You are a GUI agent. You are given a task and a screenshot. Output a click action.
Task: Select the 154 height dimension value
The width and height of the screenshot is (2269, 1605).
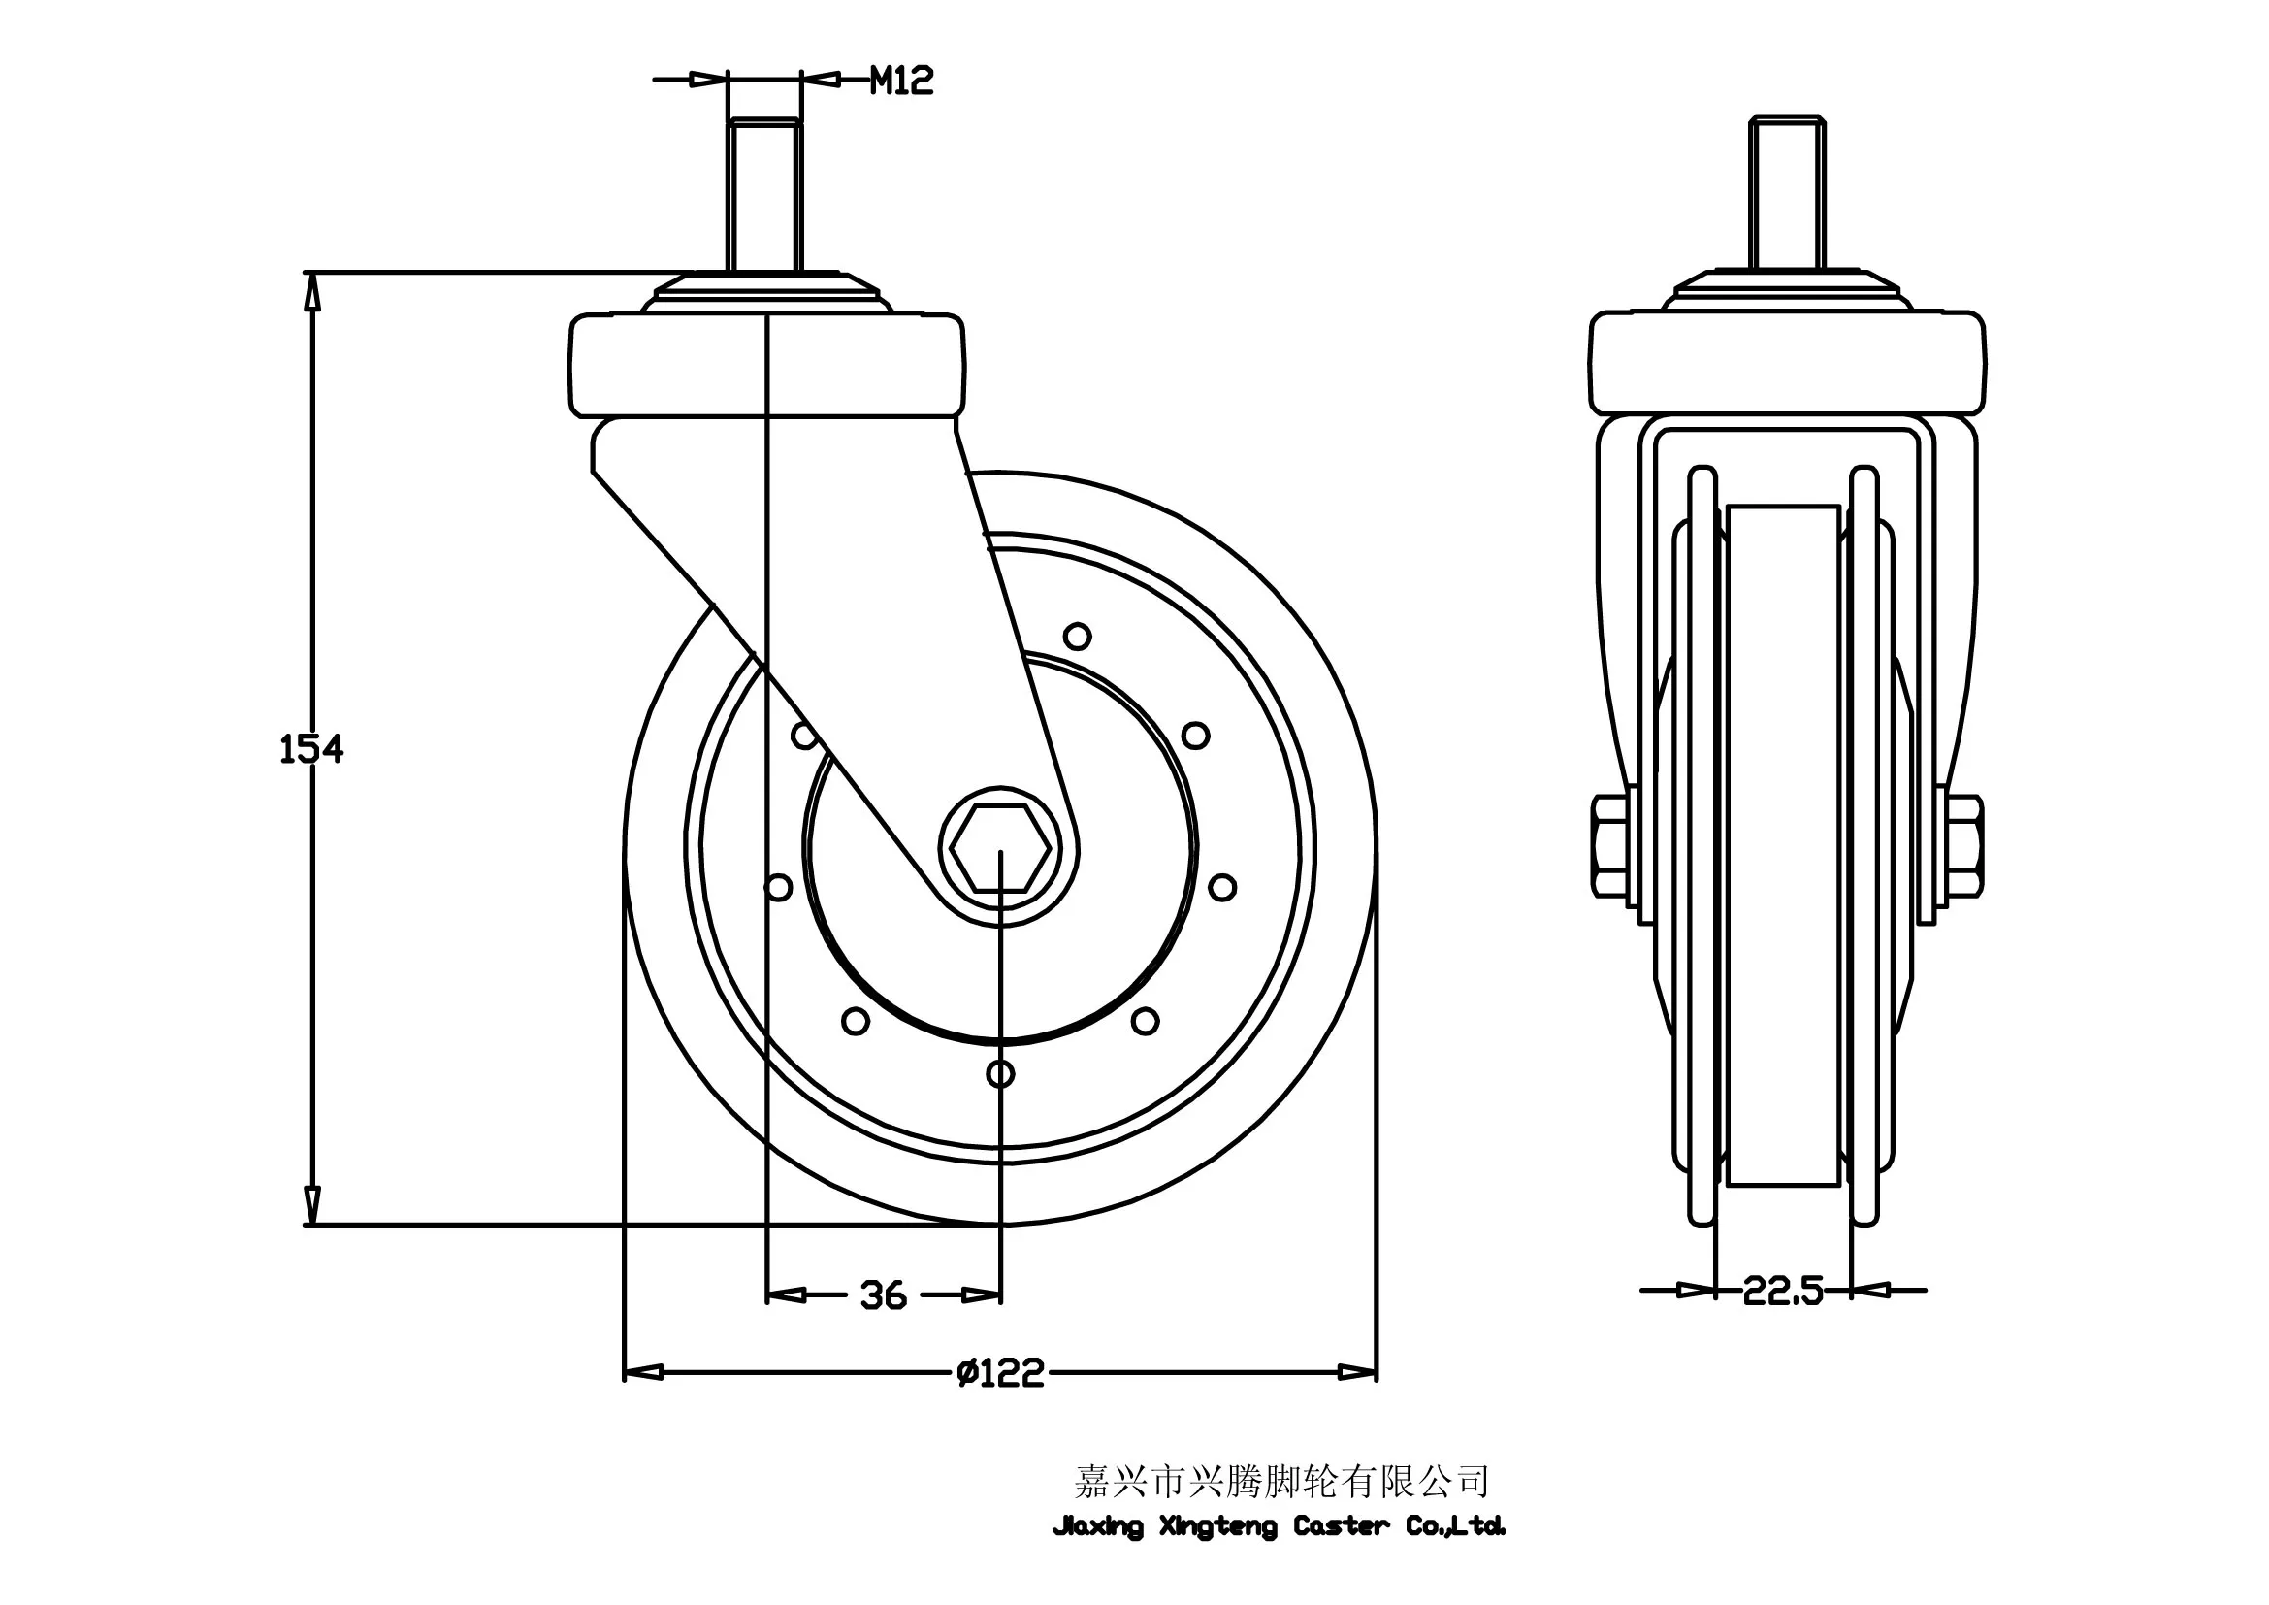pyautogui.click(x=311, y=750)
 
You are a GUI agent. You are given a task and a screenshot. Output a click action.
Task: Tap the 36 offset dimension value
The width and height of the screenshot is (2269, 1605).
pyautogui.click(x=884, y=1295)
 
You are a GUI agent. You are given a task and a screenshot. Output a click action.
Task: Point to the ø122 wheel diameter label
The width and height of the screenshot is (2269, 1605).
pyautogui.click(x=1000, y=1373)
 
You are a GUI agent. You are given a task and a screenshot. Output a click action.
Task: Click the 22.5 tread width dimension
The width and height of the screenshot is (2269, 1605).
pyautogui.click(x=1783, y=1291)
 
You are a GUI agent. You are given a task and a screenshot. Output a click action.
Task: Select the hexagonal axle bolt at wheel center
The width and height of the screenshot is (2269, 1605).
pyautogui.click(x=1000, y=849)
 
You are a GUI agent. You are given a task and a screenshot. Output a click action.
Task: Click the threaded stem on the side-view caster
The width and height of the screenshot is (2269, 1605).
pyautogui.click(x=764, y=194)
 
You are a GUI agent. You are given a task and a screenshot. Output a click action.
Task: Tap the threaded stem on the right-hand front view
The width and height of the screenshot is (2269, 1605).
pyautogui.click(x=1787, y=192)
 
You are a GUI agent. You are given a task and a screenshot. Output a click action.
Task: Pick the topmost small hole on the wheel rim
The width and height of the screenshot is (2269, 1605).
pyautogui.click(x=1077, y=636)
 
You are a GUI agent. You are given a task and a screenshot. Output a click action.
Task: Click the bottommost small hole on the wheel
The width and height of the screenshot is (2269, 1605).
pyautogui.click(x=1000, y=1073)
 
